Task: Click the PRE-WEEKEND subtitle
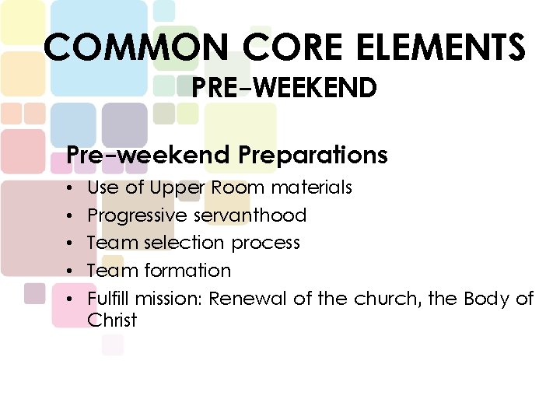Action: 285,88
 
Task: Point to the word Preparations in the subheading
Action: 313,156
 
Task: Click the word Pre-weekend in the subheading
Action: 148,156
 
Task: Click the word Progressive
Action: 138,215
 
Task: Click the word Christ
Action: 112,320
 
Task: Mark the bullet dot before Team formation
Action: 70,271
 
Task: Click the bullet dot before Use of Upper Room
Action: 70,188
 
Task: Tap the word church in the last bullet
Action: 387,299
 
